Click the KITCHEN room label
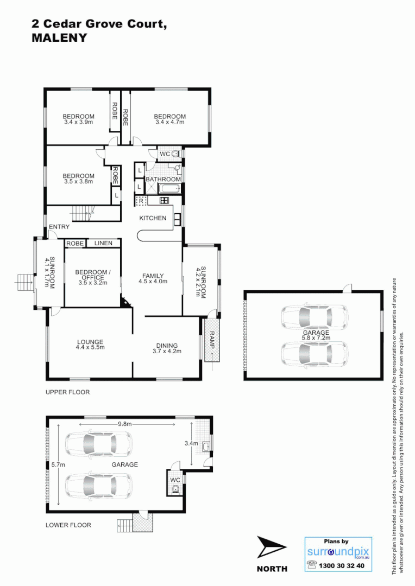(x=153, y=218)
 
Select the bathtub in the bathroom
(x=169, y=189)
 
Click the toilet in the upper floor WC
(x=175, y=154)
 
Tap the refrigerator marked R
(x=141, y=201)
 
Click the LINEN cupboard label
(x=103, y=243)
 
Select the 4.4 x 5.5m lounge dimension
(x=90, y=347)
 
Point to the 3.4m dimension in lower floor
(x=191, y=443)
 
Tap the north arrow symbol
(x=272, y=548)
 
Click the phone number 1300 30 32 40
(x=343, y=565)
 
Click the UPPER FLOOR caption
(x=68, y=392)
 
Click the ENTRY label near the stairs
(x=59, y=227)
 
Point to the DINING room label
(x=167, y=346)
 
